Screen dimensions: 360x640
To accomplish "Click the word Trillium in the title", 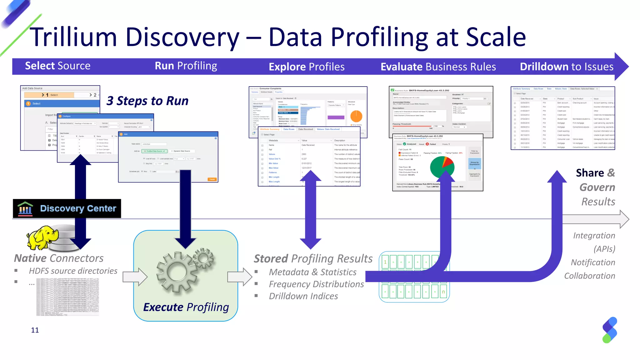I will pyautogui.click(x=73, y=37).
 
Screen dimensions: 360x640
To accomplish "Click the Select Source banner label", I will pyautogui.click(x=57, y=66).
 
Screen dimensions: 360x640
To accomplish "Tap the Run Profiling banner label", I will pyautogui.click(x=186, y=66).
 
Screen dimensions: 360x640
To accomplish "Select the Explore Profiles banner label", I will pyautogui.click(x=307, y=67).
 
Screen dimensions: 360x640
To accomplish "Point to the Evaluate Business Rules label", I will pyautogui.click(x=438, y=67).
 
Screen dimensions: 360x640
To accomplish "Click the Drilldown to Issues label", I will pyautogui.click(x=567, y=67).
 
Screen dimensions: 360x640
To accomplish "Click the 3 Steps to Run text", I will pyautogui.click(x=147, y=101).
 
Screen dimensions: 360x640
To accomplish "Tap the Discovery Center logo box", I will pyautogui.click(x=67, y=208).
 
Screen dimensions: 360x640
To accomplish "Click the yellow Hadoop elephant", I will pyautogui.click(x=42, y=237).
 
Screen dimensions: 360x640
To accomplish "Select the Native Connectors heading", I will pyautogui.click(x=59, y=258).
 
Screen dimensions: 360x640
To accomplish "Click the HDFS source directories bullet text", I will pyautogui.click(x=73, y=271).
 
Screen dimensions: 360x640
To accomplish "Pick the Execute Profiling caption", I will pyautogui.click(x=186, y=307).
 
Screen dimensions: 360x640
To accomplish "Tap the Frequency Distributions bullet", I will pyautogui.click(x=316, y=284).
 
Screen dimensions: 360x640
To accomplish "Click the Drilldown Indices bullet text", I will pyautogui.click(x=303, y=296).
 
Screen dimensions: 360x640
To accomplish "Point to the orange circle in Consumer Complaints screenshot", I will pyautogui.click(x=356, y=116).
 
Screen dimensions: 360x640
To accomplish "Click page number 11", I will pyautogui.click(x=35, y=330).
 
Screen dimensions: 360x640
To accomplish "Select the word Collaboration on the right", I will pyautogui.click(x=589, y=276).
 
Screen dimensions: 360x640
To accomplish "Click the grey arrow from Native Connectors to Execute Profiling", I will pyautogui.click(x=135, y=277).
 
